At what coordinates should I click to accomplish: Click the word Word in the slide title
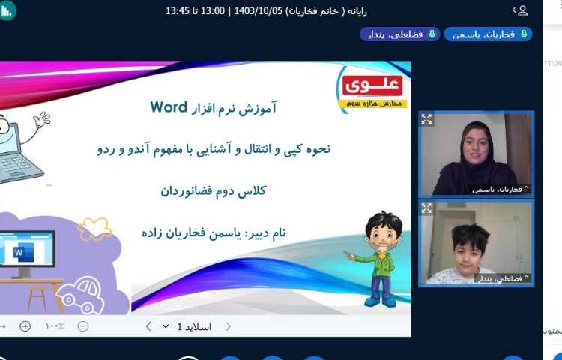pyautogui.click(x=168, y=106)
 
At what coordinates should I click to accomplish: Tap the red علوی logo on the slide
pyautogui.click(x=372, y=85)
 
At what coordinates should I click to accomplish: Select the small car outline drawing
pyautogui.click(x=80, y=294)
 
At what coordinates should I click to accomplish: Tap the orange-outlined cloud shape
pyautogui.click(x=94, y=229)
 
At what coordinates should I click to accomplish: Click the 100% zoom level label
pyautogui.click(x=54, y=326)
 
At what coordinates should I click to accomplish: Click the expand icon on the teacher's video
pyautogui.click(x=427, y=119)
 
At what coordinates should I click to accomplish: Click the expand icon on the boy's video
pyautogui.click(x=427, y=208)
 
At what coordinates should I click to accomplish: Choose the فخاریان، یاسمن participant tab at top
pyautogui.click(x=488, y=34)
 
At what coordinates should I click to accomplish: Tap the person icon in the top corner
pyautogui.click(x=522, y=10)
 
